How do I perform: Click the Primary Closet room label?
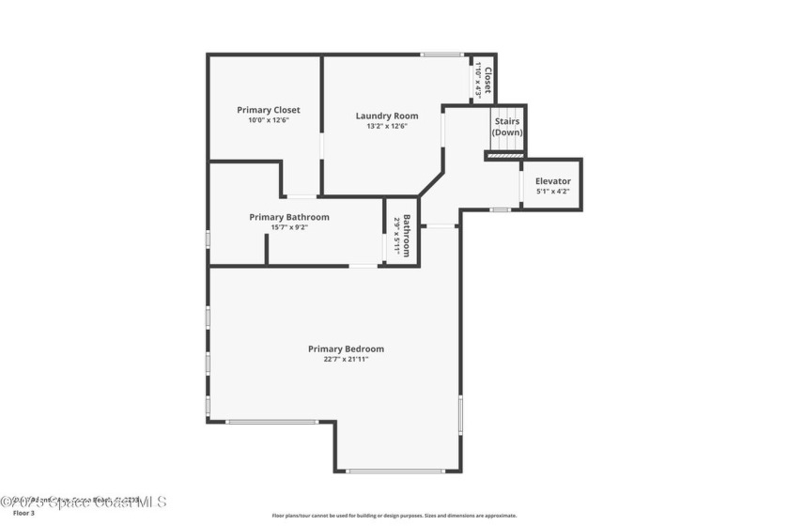(x=269, y=110)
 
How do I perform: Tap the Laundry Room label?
(x=387, y=116)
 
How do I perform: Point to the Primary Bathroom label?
(x=289, y=217)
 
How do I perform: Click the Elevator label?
(x=552, y=181)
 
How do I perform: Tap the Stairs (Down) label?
(x=506, y=127)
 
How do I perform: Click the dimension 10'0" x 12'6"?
(x=269, y=120)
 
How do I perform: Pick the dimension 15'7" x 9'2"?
(x=289, y=227)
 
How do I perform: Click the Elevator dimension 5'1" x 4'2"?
(x=552, y=192)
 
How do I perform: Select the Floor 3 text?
(x=23, y=513)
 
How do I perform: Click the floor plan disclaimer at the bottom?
(x=394, y=515)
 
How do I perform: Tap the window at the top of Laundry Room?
(x=441, y=54)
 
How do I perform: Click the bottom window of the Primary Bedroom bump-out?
(x=395, y=471)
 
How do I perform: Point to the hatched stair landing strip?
(x=505, y=155)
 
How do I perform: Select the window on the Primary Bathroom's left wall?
(x=208, y=239)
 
